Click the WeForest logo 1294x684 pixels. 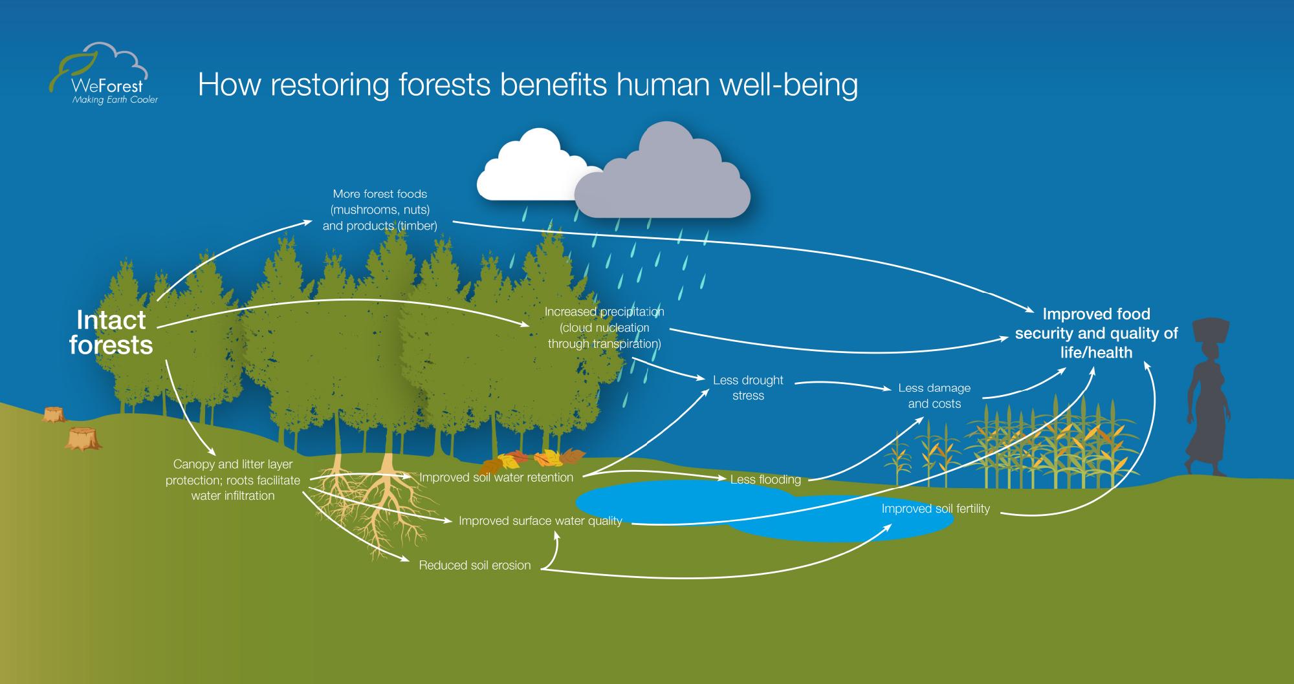click(104, 73)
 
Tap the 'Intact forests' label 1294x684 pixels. click(111, 332)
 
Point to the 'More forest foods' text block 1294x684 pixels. click(380, 209)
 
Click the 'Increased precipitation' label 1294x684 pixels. click(604, 327)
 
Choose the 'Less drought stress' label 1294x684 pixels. click(748, 388)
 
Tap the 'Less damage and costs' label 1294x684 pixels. click(934, 396)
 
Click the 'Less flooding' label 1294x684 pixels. click(765, 480)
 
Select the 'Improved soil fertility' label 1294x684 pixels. click(936, 509)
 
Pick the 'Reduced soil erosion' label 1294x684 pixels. click(475, 565)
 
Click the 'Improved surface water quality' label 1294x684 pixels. click(540, 520)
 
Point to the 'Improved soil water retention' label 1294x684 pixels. click(496, 478)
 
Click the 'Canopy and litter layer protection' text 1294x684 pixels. click(233, 480)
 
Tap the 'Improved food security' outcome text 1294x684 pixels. click(1096, 333)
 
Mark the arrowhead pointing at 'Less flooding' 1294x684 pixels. click(723, 479)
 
